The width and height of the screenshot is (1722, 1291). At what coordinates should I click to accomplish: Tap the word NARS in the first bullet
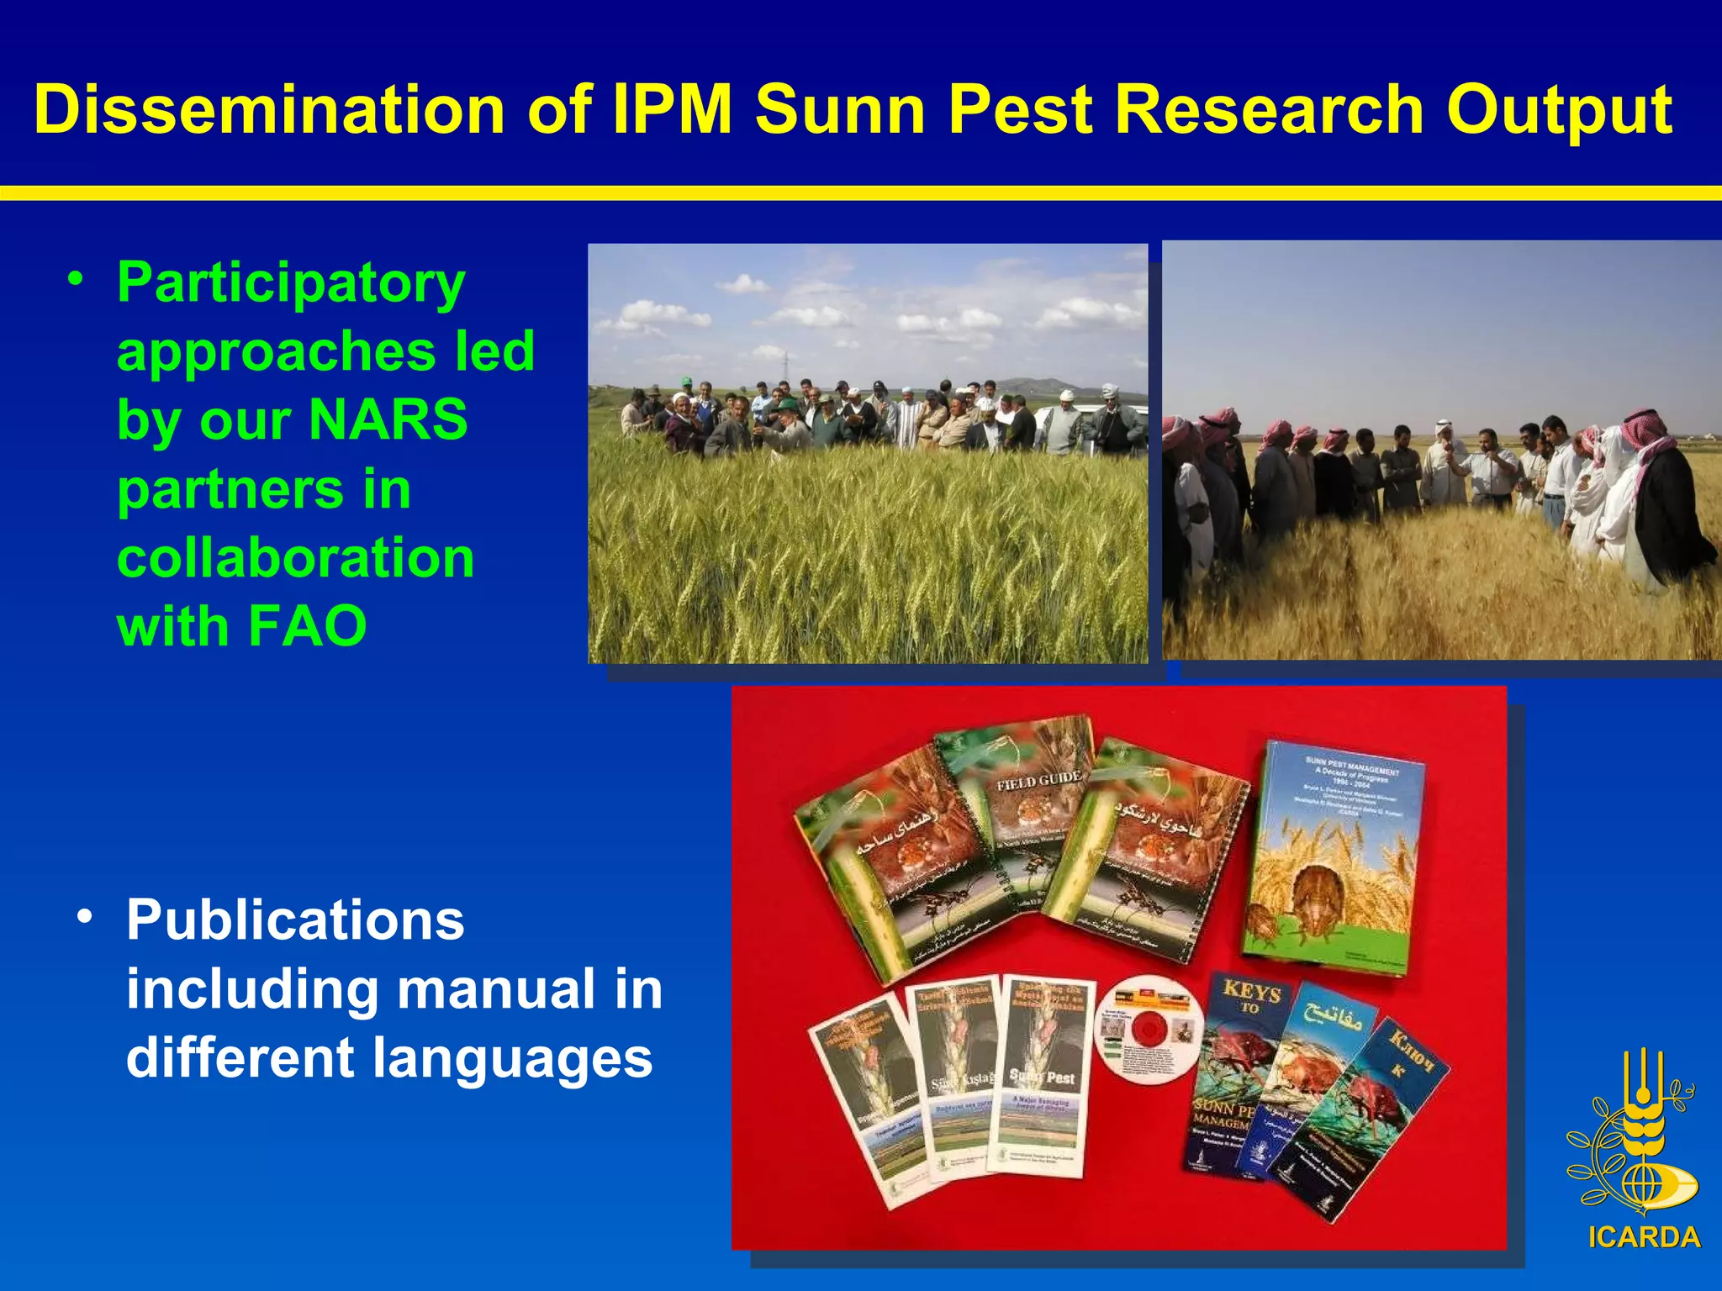click(x=388, y=419)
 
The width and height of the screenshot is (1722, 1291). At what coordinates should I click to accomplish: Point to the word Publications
click(x=295, y=920)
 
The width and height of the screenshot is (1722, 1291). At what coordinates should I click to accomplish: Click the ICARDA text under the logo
click(x=1644, y=1237)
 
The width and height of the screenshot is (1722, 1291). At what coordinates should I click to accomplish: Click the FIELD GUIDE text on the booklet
click(x=1038, y=781)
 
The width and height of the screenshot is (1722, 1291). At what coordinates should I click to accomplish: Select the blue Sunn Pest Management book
click(x=1333, y=857)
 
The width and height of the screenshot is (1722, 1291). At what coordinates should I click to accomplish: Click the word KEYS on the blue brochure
click(x=1252, y=993)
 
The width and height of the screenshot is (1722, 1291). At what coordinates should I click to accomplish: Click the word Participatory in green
click(x=291, y=283)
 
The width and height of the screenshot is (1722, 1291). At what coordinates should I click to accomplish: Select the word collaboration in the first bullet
click(x=295, y=557)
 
